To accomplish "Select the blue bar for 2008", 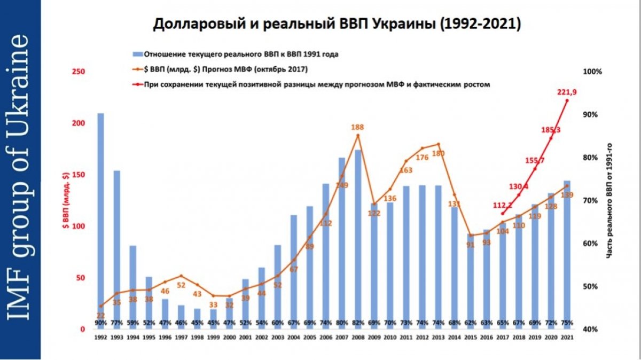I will tap(358, 235).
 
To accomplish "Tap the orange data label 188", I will tap(358, 127).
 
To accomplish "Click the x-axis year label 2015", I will tap(470, 338).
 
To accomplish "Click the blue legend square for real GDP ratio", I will tap(136, 54).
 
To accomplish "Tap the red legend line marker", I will tap(137, 84).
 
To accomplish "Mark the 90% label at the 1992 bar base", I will tap(100, 323).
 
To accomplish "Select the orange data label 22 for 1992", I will tap(100, 315).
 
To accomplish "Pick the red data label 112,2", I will tap(502, 205).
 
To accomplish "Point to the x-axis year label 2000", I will tap(229, 338).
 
